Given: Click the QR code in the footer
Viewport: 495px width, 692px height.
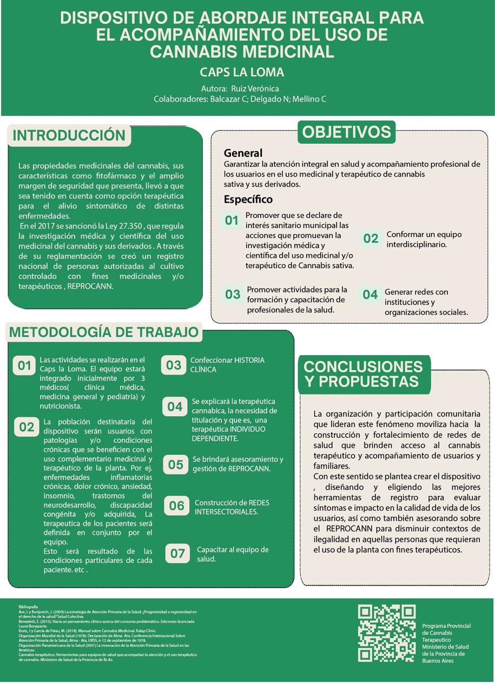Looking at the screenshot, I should (386, 633).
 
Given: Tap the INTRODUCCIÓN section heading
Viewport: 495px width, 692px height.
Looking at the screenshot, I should (69, 135).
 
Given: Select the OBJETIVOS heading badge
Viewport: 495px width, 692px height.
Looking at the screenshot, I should (346, 132).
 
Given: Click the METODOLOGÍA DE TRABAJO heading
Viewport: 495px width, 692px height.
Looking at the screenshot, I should (104, 332).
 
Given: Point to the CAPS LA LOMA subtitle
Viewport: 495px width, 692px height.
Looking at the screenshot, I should (242, 72).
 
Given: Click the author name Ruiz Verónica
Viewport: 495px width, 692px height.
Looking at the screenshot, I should (255, 88).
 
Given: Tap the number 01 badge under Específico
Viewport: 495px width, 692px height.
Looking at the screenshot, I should (232, 220).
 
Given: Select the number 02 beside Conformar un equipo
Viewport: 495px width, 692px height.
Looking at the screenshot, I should (371, 238).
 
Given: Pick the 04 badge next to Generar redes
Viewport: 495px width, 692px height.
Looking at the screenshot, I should (370, 295).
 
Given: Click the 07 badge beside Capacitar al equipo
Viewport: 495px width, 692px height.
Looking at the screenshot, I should (177, 554).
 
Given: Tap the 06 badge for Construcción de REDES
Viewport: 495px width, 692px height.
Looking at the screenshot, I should (177, 506).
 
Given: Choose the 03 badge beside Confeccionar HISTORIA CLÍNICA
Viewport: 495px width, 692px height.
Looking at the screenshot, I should (173, 365).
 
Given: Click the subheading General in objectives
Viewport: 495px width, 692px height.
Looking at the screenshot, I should (243, 153).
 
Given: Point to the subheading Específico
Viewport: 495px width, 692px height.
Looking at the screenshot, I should (248, 199).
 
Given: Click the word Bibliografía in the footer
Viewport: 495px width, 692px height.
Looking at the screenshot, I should (28, 607).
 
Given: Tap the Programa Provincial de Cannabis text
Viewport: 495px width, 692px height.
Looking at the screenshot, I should (446, 629).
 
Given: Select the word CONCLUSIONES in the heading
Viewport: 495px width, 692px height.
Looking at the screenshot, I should (363, 367).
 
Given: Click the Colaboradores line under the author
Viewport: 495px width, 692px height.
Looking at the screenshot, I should (240, 99).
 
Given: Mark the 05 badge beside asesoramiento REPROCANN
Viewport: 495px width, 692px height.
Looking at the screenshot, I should (176, 464).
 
